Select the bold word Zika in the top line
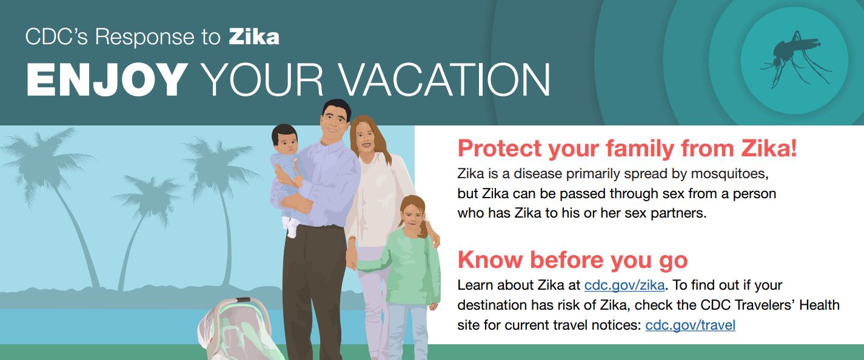(254, 38)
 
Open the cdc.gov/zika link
(625, 285)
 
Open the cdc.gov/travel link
(690, 325)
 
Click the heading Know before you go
(572, 259)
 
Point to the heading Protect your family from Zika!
(627, 148)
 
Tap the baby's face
(286, 141)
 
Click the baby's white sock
(290, 228)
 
